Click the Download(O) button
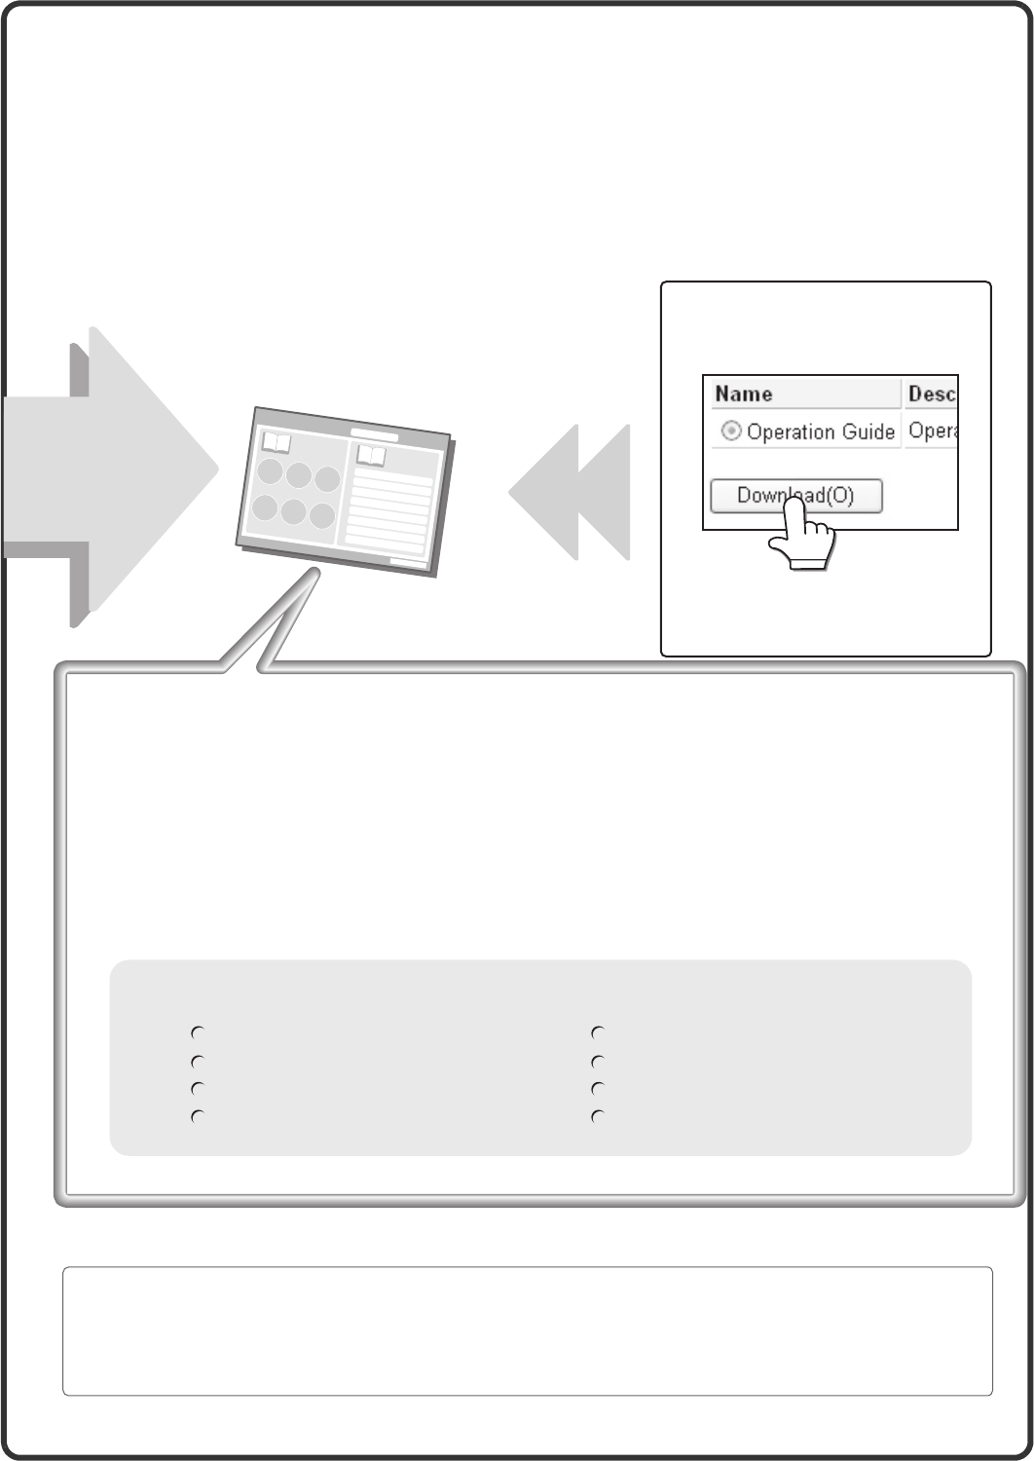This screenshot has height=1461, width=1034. (x=796, y=496)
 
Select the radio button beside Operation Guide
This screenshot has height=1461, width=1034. (x=731, y=431)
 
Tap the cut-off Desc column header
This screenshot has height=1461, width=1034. (x=931, y=393)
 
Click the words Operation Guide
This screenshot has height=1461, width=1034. (x=820, y=431)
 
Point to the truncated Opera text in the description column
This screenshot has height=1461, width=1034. (x=933, y=431)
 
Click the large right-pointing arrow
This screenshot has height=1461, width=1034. (x=111, y=468)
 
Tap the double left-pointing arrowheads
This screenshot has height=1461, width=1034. (x=570, y=492)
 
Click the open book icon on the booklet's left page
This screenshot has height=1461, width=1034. (x=277, y=443)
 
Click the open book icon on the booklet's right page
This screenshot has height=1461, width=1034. (x=371, y=455)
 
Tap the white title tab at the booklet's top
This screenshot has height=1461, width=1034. (x=374, y=435)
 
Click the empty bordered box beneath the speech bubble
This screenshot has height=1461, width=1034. (x=528, y=1331)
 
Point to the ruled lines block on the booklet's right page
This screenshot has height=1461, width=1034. (x=388, y=511)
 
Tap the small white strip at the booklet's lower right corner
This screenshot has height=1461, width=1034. (x=408, y=562)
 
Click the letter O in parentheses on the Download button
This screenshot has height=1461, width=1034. (x=839, y=496)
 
